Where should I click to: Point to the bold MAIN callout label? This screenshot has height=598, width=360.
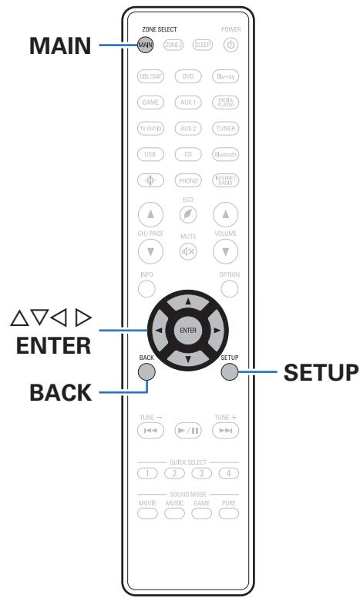click(x=59, y=45)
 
